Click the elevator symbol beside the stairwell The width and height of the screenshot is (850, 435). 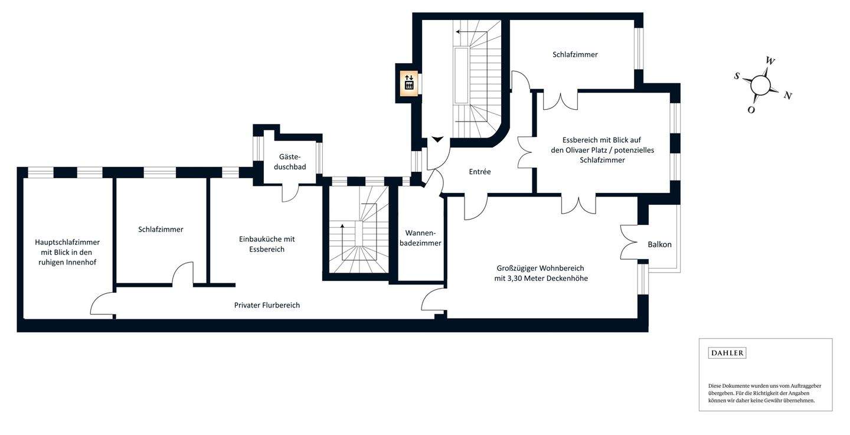pos(409,83)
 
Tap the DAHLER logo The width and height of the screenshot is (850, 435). pos(727,353)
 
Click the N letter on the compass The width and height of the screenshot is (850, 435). pos(787,96)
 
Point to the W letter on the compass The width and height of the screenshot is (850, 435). pos(770,61)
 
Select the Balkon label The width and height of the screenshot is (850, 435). pos(659,244)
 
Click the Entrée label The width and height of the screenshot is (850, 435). pos(480,172)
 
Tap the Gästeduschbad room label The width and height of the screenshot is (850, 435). pos(290,162)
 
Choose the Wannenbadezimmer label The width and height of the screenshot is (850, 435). pos(423,238)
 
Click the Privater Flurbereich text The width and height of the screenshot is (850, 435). pos(267,305)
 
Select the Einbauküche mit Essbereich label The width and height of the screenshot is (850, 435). pos(267,244)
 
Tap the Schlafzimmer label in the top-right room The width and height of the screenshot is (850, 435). pos(575,54)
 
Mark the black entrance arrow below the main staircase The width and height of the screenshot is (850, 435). pos(437,139)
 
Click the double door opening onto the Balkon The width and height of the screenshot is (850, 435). pos(630,242)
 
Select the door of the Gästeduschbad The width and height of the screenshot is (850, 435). pos(290,192)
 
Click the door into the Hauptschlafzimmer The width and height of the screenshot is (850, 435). pos(102,303)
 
